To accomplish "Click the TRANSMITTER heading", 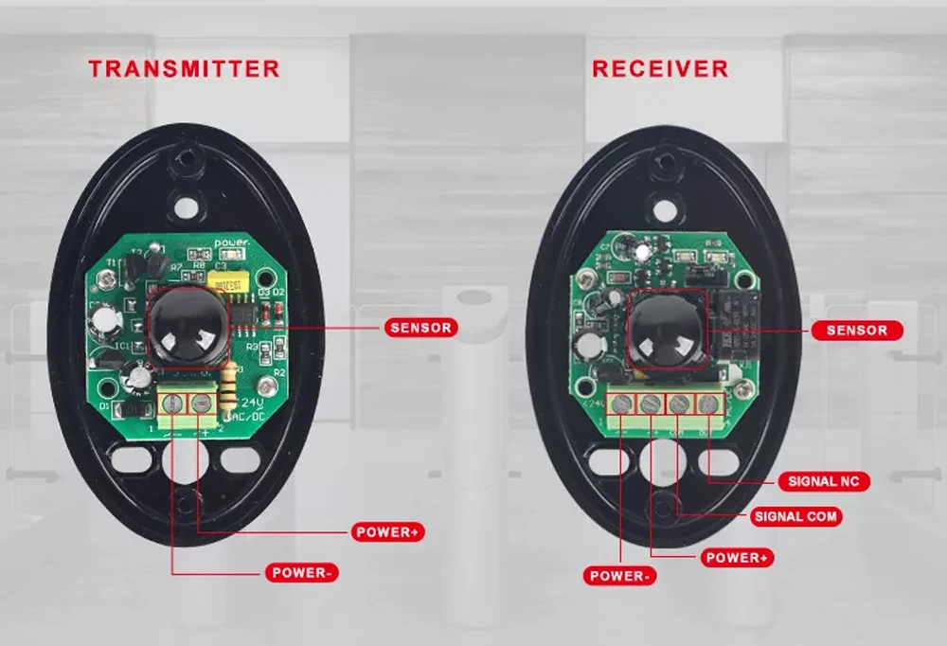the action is tap(185, 69).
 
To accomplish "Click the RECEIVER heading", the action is tap(660, 69).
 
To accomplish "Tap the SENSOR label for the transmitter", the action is tap(421, 328).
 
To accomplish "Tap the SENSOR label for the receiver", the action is tap(856, 331).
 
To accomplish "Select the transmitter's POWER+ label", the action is tap(387, 531).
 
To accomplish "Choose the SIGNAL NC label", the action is tap(825, 481).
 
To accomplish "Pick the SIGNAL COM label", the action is tap(796, 517).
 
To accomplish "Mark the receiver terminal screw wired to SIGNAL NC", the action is tap(707, 405).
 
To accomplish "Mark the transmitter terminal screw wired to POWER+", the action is tap(201, 404).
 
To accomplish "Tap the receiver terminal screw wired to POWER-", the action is tap(621, 405).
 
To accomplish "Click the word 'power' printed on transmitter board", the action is tap(230, 244).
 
